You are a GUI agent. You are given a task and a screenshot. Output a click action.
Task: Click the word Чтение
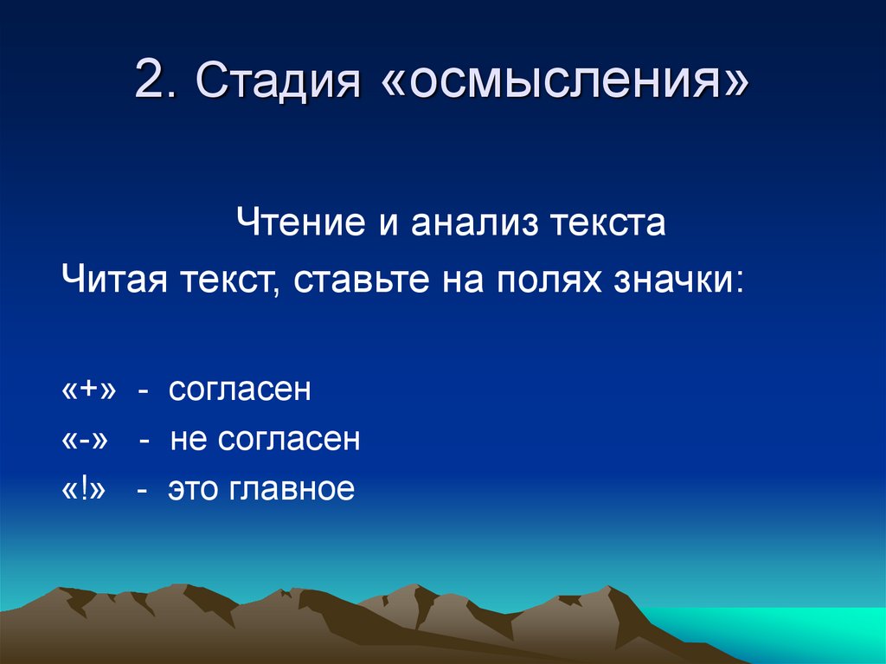point(300,223)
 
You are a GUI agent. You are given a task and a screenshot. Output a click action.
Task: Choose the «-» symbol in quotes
point(86,440)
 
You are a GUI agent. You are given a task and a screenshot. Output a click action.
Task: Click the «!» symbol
point(83,489)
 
